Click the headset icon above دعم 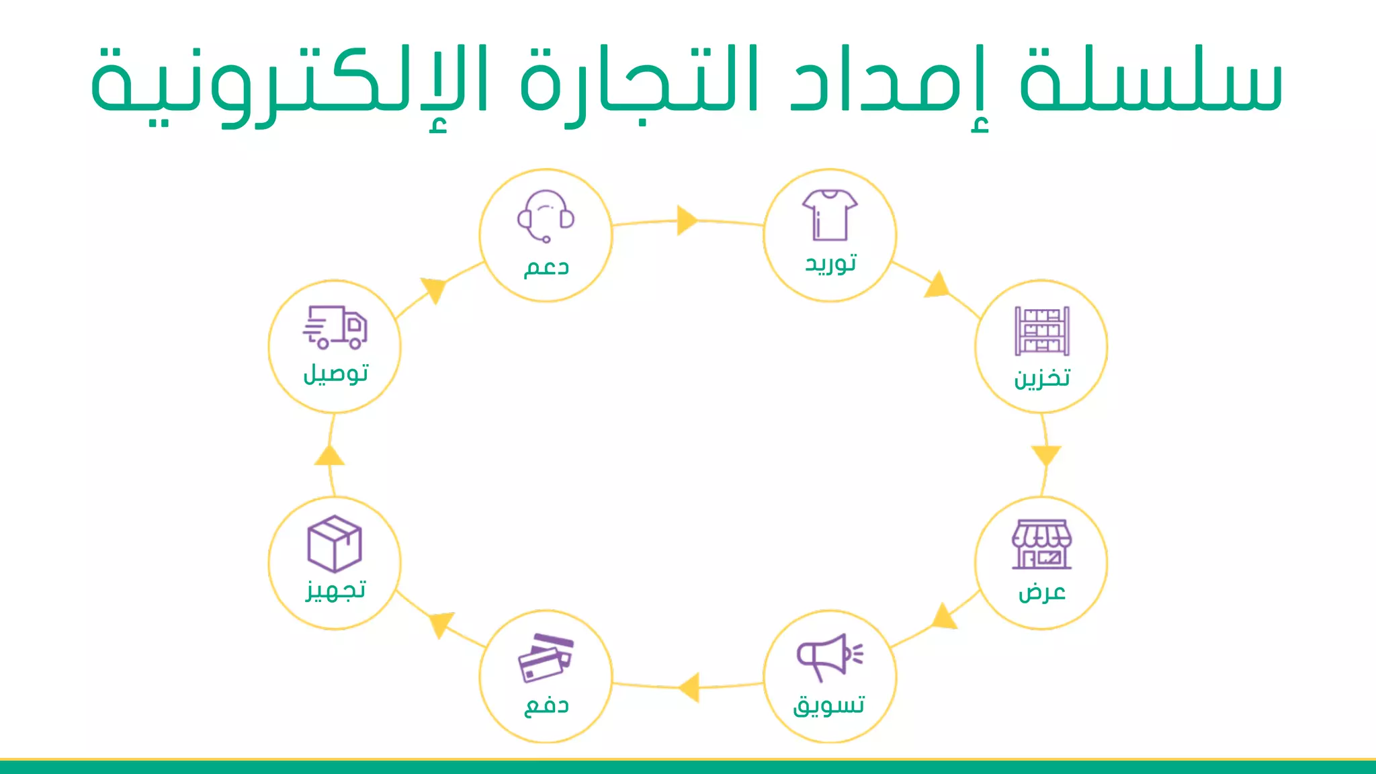pos(546,216)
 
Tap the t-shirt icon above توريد pos(830,215)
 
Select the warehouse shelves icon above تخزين pos(1041,331)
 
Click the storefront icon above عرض pos(1041,544)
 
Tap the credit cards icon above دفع pos(546,657)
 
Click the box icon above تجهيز pos(335,543)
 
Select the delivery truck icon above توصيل pos(335,327)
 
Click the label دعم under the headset pos(546,267)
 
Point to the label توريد pos(831,263)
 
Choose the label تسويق pos(829,705)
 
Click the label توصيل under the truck pos(335,374)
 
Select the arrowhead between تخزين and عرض pos(1045,455)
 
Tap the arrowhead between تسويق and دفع pos(689,687)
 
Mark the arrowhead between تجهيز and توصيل pos(329,456)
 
